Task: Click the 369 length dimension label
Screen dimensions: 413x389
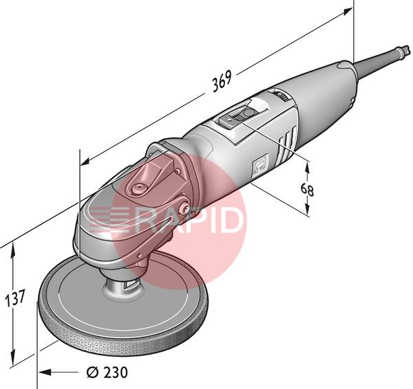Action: click(222, 81)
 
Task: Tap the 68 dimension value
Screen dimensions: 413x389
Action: click(307, 190)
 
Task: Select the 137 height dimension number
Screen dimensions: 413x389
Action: click(15, 298)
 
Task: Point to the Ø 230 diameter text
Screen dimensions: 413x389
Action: click(107, 373)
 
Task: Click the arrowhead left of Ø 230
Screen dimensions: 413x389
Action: click(45, 373)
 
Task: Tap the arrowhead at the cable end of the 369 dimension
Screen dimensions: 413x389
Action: click(346, 11)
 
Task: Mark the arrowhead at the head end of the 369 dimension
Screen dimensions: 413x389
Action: click(86, 162)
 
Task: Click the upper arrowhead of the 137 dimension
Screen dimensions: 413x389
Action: click(12, 249)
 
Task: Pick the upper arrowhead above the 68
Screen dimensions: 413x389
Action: click(307, 168)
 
